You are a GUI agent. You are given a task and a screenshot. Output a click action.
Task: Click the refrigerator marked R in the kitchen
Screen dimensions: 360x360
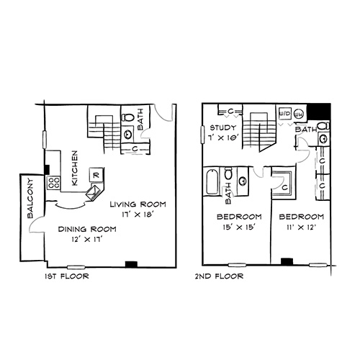96,175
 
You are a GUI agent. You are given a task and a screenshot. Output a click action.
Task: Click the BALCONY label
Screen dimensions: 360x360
31,198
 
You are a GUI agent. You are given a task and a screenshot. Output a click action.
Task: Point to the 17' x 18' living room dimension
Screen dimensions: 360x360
138,215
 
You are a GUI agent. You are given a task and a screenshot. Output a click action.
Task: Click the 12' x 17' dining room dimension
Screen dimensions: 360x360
87,239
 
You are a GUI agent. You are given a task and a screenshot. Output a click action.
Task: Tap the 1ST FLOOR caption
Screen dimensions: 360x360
67,276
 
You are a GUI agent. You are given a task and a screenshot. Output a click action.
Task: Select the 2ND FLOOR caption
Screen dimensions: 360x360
219,276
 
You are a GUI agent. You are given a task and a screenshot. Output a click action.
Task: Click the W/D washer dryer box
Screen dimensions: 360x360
285,113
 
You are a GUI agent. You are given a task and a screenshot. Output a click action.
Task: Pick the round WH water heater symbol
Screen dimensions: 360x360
299,114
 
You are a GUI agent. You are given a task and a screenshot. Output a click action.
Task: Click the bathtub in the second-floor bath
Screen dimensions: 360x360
212,181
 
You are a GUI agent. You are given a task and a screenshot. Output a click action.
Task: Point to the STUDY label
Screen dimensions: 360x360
223,127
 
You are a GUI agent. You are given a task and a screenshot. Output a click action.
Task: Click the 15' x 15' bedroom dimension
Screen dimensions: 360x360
238,227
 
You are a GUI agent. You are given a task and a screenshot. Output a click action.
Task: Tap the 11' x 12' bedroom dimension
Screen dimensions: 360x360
300,227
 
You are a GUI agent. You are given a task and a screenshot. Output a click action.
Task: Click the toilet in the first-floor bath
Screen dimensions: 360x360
128,117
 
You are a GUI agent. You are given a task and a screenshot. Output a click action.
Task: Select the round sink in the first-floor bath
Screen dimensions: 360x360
127,134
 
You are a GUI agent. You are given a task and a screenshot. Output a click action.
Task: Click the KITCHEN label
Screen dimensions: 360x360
75,168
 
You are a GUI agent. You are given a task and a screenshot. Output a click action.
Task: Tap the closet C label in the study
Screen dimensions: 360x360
230,111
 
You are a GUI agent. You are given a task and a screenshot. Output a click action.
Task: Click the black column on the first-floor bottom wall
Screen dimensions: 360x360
131,264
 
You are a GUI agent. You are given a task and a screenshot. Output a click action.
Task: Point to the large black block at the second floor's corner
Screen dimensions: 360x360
319,111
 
